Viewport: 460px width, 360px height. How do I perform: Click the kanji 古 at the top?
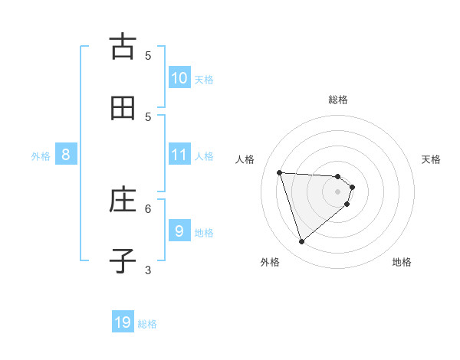[x=123, y=46]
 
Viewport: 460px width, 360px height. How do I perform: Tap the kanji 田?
[x=123, y=108]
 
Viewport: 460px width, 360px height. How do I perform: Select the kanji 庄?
[x=123, y=200]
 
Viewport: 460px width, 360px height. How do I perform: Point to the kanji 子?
[x=123, y=261]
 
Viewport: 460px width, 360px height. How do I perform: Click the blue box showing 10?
[x=179, y=77]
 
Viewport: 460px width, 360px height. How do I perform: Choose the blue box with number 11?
[x=179, y=155]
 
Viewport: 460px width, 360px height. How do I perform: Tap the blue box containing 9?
[x=179, y=231]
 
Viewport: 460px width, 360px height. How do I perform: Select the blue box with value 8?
[x=65, y=155]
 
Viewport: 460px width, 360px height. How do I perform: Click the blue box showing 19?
[x=123, y=322]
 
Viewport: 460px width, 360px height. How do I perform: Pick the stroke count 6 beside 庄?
[x=148, y=208]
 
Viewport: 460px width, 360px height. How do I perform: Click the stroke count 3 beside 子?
[x=148, y=270]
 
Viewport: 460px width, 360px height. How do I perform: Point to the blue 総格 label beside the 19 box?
[x=147, y=324]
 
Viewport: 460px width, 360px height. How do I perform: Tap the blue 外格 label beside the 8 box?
[x=41, y=156]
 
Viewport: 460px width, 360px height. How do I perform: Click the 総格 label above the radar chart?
[x=338, y=100]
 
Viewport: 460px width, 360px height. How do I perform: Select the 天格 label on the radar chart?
[x=431, y=159]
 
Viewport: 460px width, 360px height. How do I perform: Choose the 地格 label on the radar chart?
[x=402, y=262]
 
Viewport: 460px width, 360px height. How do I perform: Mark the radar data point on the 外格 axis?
[x=301, y=242]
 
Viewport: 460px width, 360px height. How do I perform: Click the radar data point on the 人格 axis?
[x=280, y=172]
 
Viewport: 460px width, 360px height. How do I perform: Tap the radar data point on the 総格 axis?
[x=338, y=176]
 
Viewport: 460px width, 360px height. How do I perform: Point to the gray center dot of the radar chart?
[x=338, y=202]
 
